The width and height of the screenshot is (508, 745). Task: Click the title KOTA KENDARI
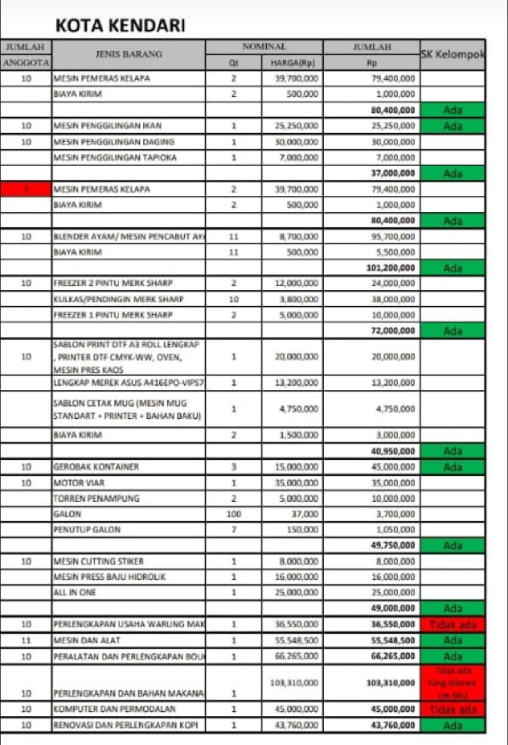coord(120,25)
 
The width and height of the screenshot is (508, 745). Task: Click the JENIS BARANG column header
coord(129,55)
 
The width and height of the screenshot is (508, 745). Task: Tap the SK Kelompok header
coord(452,55)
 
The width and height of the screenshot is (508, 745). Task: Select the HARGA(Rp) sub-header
coord(292,63)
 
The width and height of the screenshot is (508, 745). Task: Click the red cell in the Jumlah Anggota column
coord(26,189)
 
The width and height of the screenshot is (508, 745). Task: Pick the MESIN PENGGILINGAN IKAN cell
coord(108,126)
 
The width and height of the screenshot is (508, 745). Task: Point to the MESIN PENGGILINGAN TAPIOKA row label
coord(115,157)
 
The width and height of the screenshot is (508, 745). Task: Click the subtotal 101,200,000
coord(390,268)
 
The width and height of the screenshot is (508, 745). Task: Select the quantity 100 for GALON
coord(234,514)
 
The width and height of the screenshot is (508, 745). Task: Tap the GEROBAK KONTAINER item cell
coord(96,467)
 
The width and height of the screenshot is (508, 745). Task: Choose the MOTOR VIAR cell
coord(79,483)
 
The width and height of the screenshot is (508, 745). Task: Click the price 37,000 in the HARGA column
coord(304,514)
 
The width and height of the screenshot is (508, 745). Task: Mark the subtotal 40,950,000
coord(393,451)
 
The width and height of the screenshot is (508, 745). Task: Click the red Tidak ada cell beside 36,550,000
coord(452,625)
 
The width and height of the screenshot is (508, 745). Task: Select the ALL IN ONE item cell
coord(75,593)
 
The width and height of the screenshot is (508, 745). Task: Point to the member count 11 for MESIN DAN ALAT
coord(26,640)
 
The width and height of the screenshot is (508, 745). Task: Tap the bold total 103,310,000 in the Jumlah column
coord(390,682)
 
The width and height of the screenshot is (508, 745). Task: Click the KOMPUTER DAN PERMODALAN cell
coord(114,709)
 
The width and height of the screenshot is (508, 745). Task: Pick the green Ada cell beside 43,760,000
coord(452,726)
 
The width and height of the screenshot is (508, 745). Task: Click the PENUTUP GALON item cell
coord(87,530)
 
